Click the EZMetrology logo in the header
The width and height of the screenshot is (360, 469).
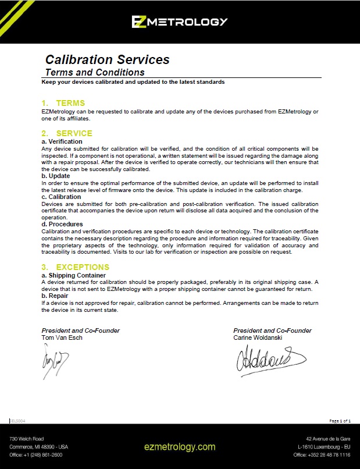pos(179,22)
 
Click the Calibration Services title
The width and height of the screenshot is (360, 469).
pos(107,59)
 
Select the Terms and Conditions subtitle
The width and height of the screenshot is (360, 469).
pos(95,73)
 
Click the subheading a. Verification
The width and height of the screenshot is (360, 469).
pos(62,141)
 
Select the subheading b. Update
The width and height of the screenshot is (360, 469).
pos(56,176)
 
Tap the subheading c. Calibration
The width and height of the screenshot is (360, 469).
pos(61,197)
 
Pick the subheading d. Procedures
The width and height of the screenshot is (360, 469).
pos(62,224)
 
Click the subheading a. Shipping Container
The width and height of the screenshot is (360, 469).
pos(74,275)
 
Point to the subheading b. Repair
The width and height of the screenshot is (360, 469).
pos(56,296)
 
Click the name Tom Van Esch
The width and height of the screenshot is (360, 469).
pos(62,337)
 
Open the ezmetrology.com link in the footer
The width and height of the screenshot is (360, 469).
pos(180,447)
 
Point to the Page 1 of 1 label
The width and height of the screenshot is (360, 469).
pos(340,420)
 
